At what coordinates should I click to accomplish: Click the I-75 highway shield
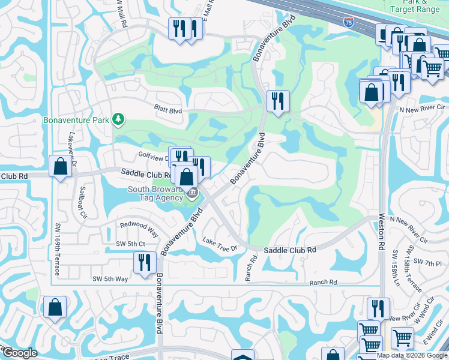pos(349,22)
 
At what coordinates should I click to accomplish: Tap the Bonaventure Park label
pos(76,119)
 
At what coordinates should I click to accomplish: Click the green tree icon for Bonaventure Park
pos(119,119)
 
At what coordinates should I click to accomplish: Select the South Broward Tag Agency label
pos(155,194)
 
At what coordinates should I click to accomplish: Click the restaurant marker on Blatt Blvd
pos(277,101)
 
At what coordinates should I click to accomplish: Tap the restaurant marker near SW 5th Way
pos(145,263)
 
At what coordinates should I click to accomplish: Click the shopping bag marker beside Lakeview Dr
pos(61,167)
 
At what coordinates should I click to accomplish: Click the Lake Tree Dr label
pos(221,243)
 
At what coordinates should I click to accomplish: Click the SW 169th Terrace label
pos(58,249)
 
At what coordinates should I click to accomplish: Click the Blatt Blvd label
pos(168,109)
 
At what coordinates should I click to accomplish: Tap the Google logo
pos(20,353)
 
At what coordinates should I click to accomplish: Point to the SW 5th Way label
pos(110,278)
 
